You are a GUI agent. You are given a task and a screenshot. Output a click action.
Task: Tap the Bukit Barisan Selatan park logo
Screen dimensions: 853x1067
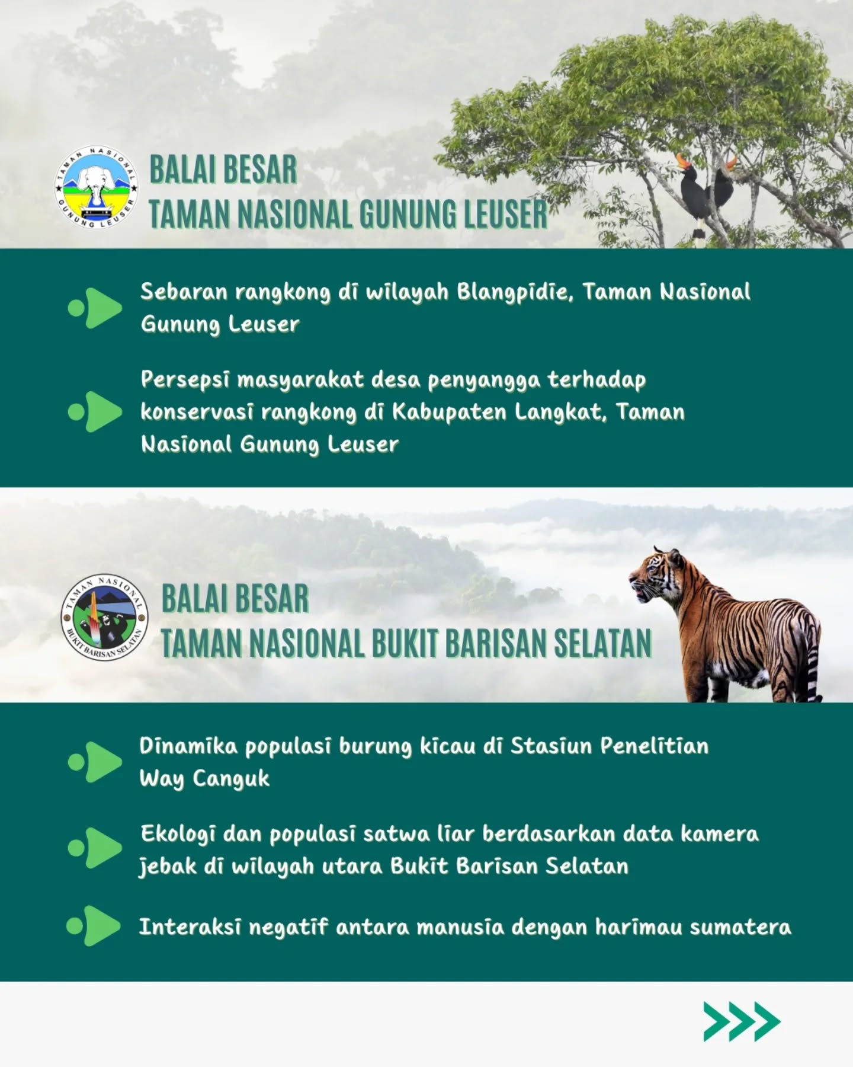(x=105, y=618)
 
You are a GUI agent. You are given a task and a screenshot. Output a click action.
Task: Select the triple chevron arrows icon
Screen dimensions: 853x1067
(x=742, y=1021)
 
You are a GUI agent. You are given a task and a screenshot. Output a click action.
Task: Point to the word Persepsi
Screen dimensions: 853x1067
(x=186, y=380)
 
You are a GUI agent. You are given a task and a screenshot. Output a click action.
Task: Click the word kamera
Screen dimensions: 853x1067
(x=719, y=834)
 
